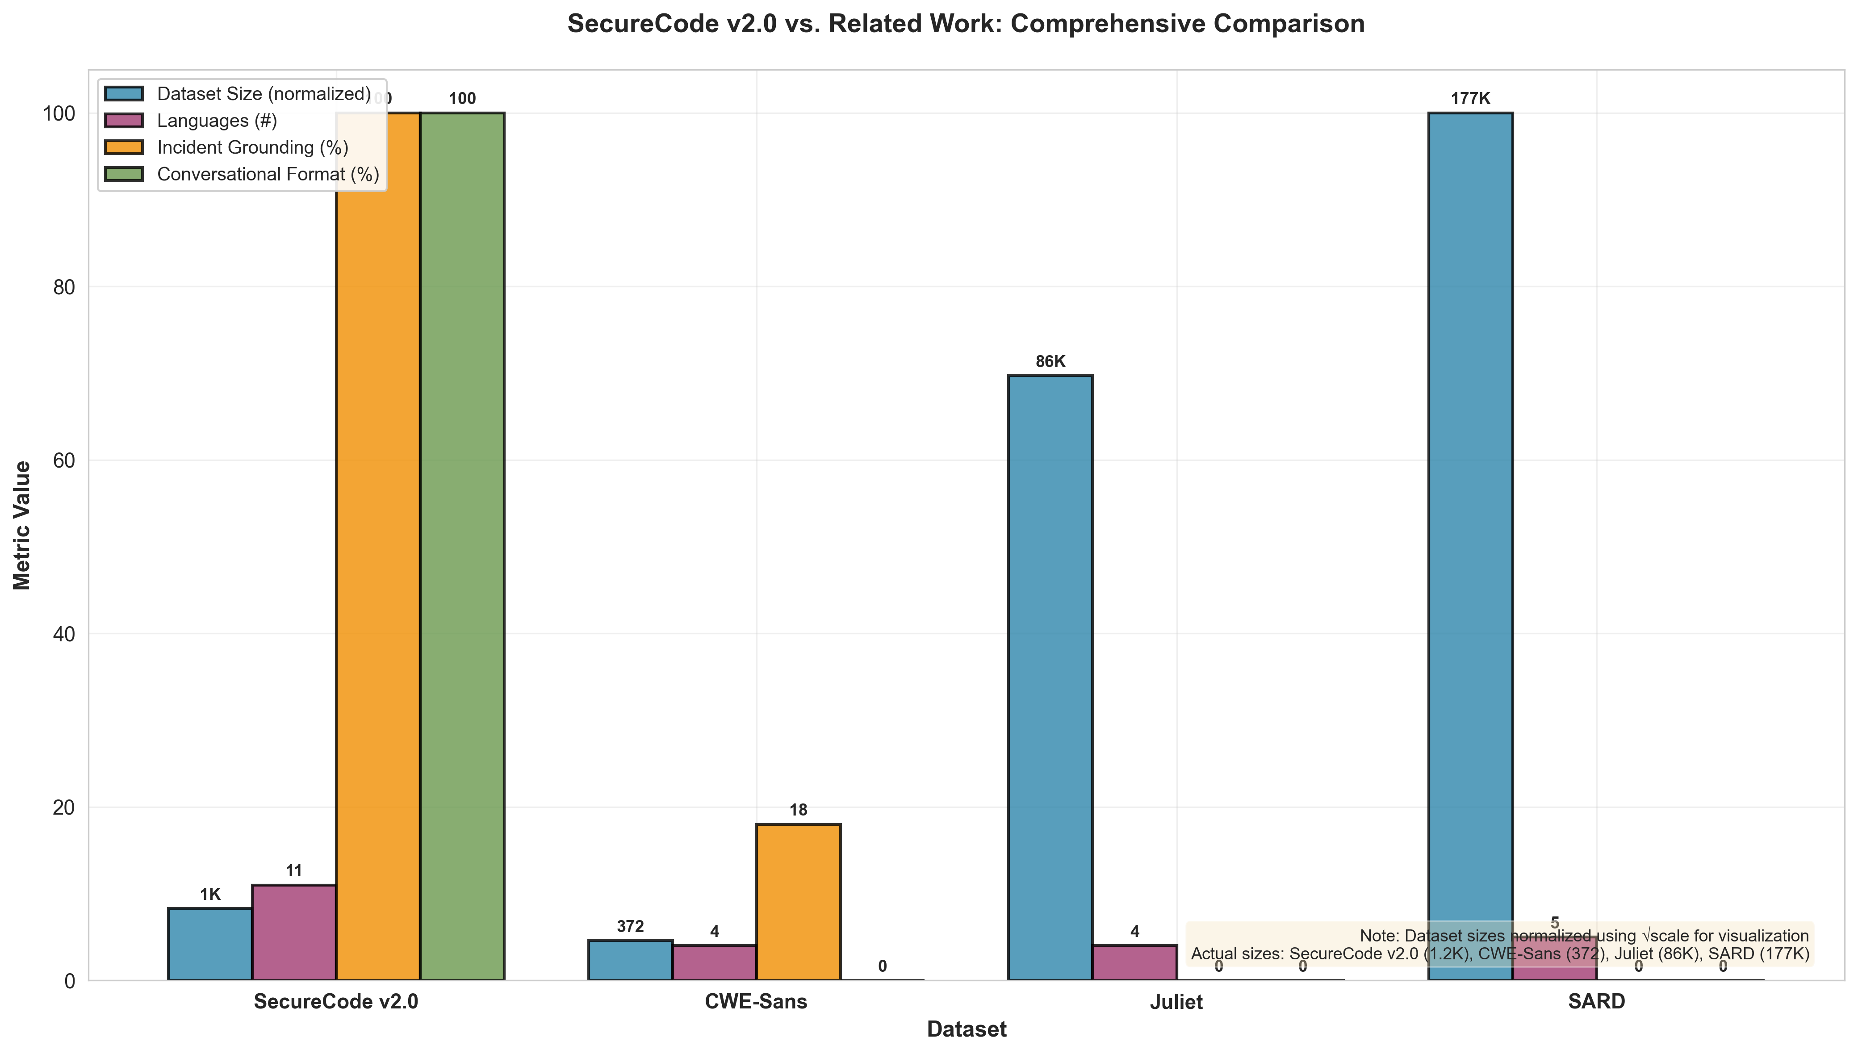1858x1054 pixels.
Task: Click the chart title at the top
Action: [966, 24]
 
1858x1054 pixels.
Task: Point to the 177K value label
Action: [1469, 99]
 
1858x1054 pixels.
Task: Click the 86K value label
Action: [1050, 362]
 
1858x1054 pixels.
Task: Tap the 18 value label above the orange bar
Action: [798, 810]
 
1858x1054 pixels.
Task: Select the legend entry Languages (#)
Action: [217, 121]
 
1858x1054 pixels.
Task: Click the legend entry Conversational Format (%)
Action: [268, 175]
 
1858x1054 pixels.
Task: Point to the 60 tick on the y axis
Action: [64, 460]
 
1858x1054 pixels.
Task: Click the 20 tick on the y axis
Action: [64, 807]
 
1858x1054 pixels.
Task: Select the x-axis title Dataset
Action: [966, 1029]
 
